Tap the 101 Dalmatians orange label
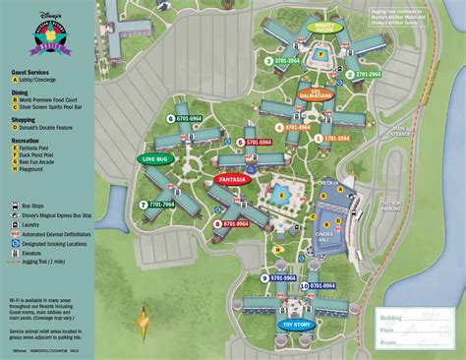[x=322, y=95]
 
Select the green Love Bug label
[x=156, y=158]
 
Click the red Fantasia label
[x=232, y=180]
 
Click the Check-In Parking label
[x=390, y=207]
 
